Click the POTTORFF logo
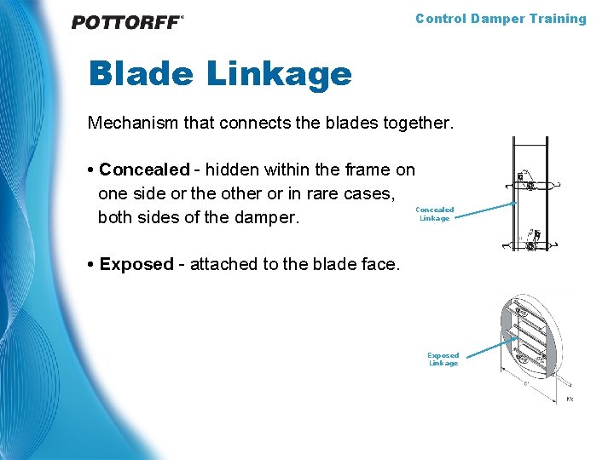128,22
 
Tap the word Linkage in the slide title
280,75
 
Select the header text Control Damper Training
501,19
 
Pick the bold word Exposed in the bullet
136,264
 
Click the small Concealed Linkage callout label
434,214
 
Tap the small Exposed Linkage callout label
443,359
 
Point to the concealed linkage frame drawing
530,193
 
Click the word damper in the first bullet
271,217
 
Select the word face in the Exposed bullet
379,264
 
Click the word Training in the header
559,19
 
